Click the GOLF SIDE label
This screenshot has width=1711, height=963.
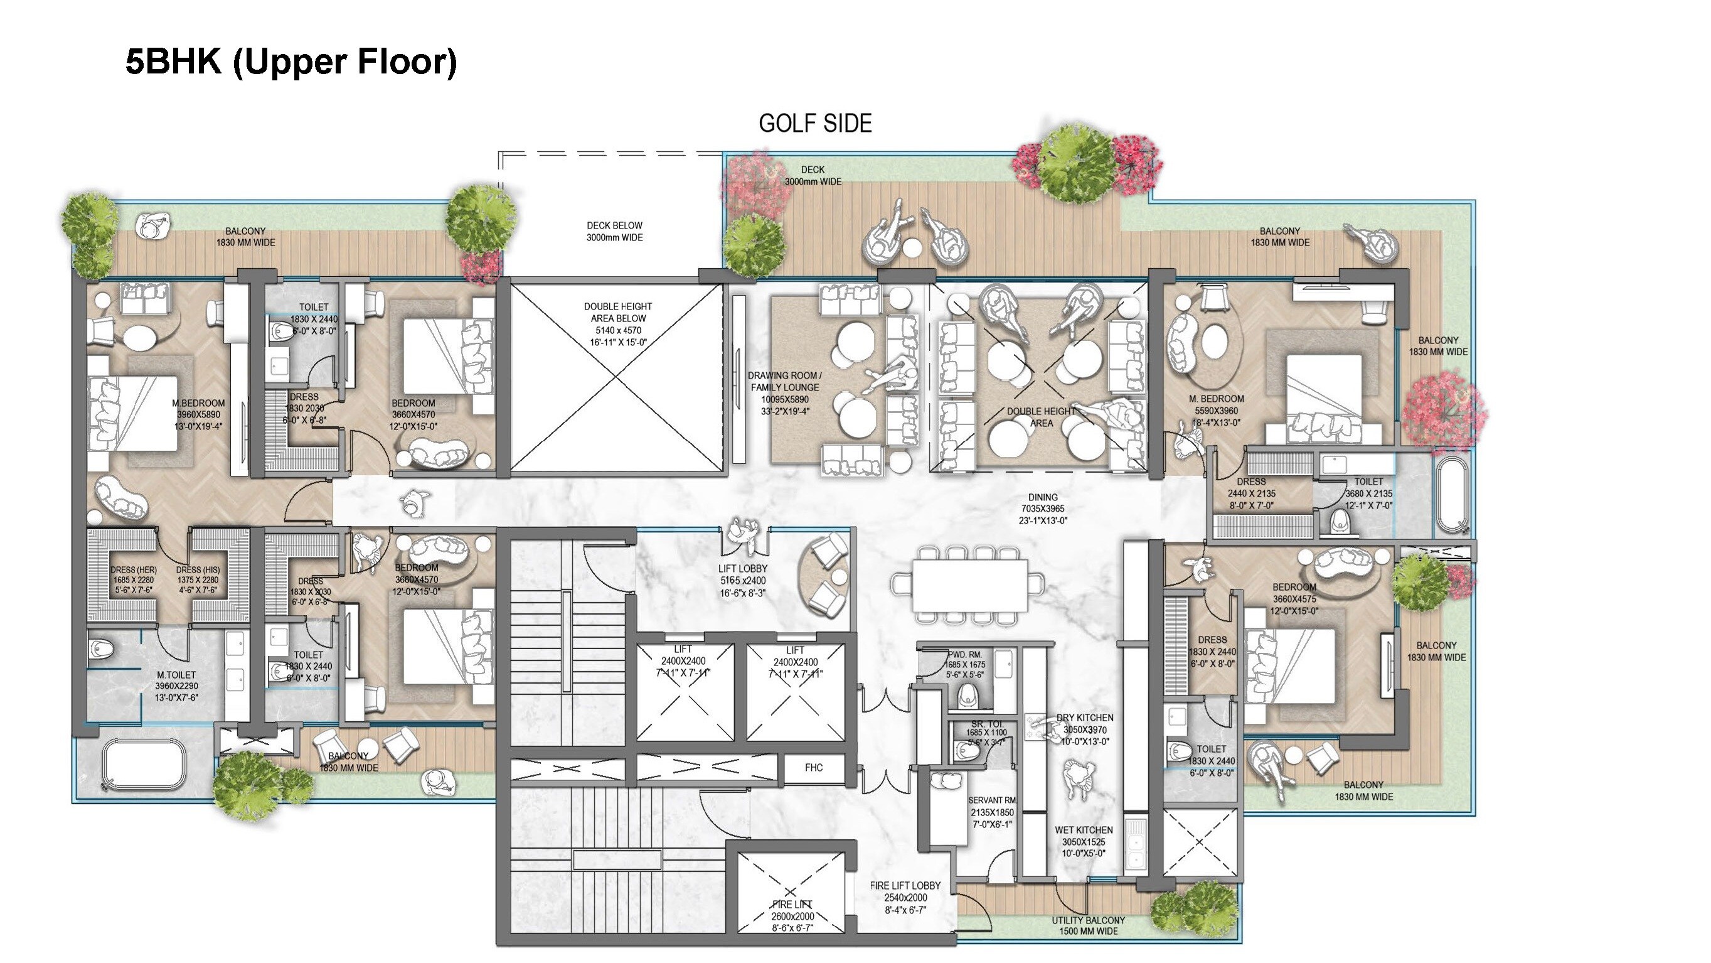point(815,124)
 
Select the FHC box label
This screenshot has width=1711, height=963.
point(813,768)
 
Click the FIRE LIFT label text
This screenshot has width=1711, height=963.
point(792,905)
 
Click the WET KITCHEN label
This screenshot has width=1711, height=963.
point(1084,830)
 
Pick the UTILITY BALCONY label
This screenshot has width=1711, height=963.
point(1088,920)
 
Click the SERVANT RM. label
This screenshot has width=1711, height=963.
point(992,801)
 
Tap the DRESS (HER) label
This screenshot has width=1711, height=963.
point(134,570)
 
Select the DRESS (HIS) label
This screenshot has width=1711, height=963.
point(197,570)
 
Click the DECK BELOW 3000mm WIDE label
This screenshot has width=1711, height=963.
point(614,231)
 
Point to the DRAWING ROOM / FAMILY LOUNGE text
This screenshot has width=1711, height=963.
point(784,382)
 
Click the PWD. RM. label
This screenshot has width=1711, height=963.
point(964,655)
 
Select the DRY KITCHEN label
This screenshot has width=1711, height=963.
point(1085,718)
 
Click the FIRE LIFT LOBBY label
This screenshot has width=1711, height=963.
point(905,886)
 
